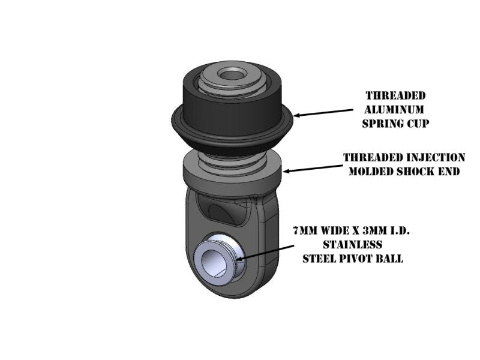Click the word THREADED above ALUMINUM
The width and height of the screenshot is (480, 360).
395,95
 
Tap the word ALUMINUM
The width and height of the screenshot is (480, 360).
394,110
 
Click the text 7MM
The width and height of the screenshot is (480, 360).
305,230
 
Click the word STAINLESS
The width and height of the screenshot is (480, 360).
353,245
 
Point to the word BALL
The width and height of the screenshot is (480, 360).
389,259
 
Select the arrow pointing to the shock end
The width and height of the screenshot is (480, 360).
313,168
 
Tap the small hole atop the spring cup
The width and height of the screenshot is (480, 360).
232,75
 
